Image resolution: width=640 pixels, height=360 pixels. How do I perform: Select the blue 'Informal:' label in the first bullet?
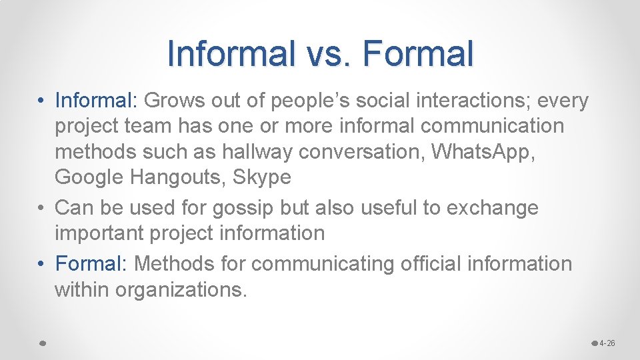[96, 101]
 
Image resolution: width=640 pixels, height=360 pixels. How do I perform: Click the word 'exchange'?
[492, 208]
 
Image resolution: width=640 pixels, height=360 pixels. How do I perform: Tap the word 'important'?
[98, 233]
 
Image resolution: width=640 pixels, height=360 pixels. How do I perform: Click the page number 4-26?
[607, 343]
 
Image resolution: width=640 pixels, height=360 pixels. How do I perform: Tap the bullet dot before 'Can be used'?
[41, 208]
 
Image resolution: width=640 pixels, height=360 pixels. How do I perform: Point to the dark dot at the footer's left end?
[41, 343]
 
